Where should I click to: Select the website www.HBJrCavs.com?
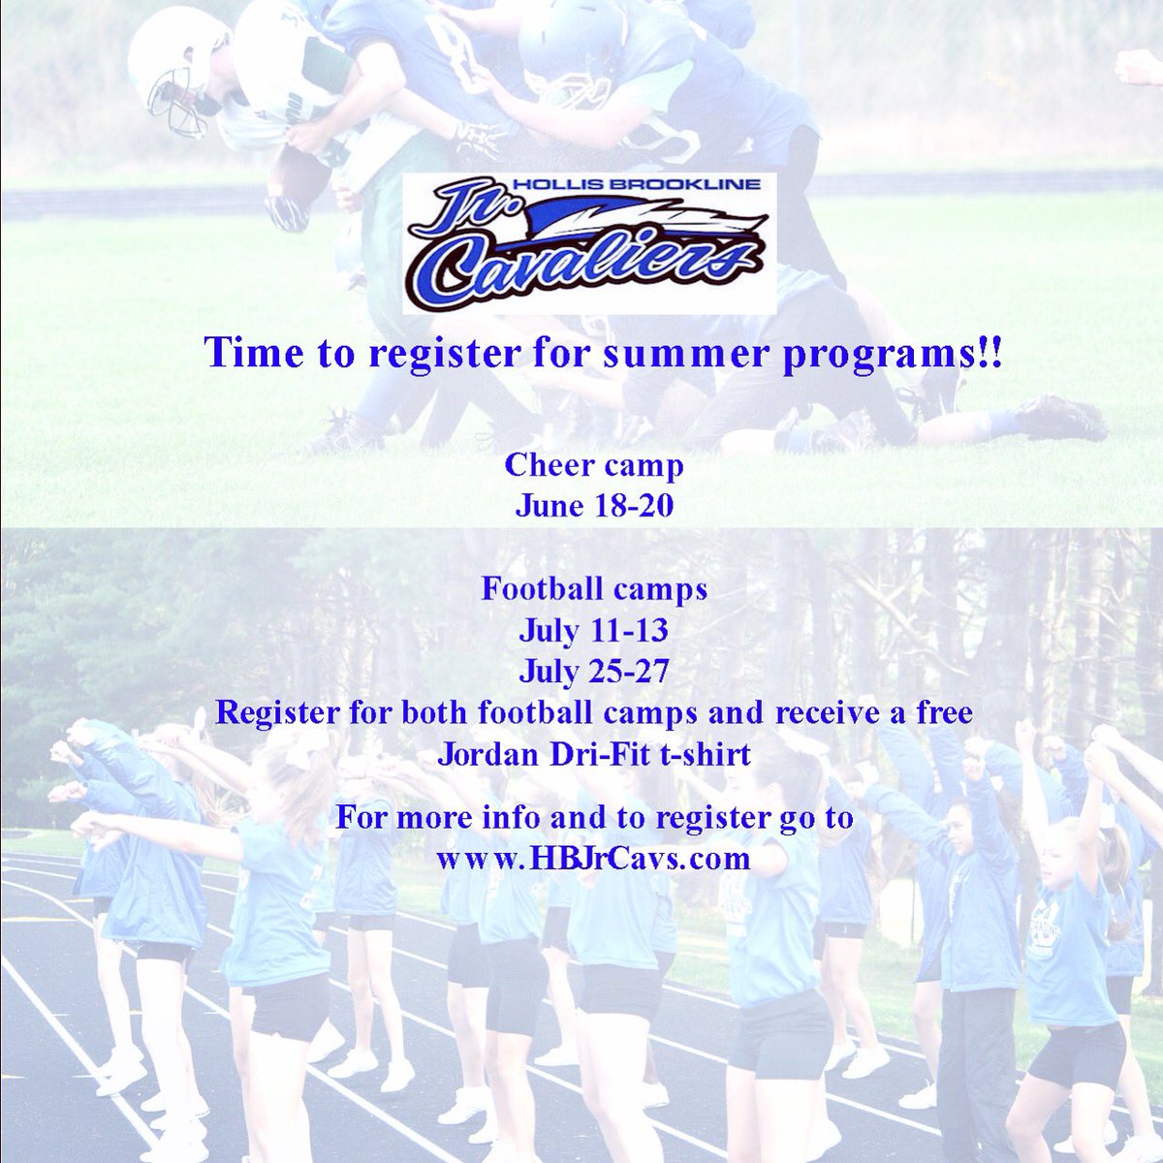pos(593,859)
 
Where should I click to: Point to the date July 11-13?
pos(593,631)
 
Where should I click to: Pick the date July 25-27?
pos(593,672)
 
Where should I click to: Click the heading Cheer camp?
pos(594,465)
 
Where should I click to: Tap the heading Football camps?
pos(594,589)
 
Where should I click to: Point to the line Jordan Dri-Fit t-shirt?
pos(594,754)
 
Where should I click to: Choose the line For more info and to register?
pos(594,817)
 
